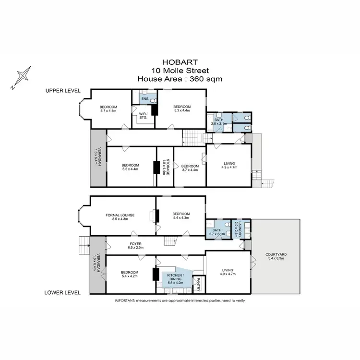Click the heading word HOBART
180,61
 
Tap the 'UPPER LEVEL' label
63,91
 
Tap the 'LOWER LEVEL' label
62,292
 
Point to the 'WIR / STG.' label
143,115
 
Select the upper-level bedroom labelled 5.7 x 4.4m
108,108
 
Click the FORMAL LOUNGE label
120,216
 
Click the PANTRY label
199,284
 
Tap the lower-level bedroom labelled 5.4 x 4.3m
180,216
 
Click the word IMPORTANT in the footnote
124,300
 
